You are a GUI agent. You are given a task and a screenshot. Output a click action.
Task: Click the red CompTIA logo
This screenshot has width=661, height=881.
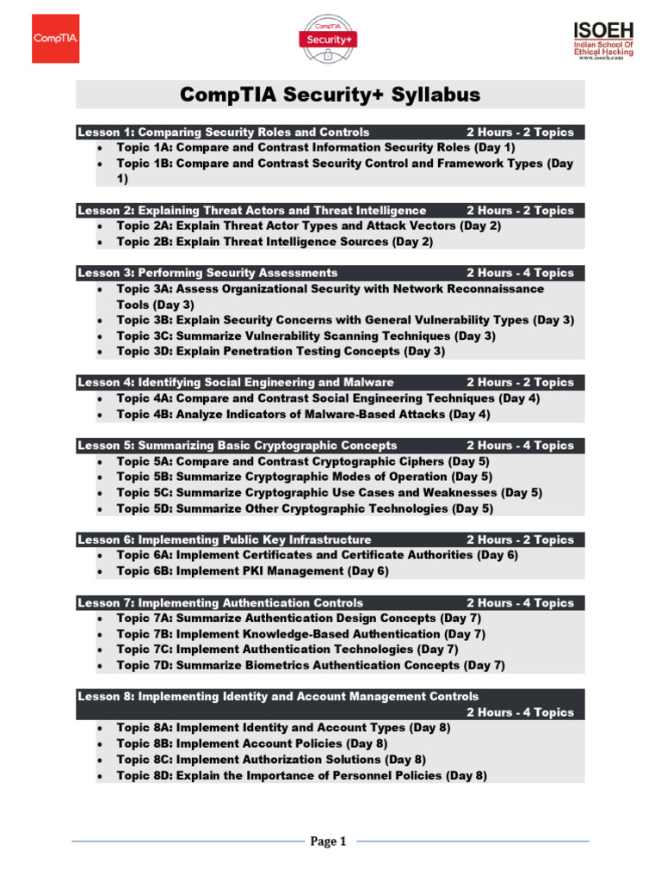click(56, 38)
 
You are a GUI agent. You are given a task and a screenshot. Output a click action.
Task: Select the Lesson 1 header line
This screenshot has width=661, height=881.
click(224, 132)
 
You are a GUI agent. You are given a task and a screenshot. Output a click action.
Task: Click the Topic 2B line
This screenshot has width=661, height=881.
click(275, 242)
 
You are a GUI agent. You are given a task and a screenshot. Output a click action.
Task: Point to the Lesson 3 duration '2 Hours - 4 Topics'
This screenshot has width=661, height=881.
click(520, 273)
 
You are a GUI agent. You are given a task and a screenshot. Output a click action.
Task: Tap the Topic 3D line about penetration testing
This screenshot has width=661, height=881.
click(281, 351)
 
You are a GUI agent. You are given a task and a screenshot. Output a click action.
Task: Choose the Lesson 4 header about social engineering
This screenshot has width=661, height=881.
click(236, 382)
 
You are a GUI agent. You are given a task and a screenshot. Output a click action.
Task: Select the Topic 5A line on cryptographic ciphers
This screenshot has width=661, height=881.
click(304, 461)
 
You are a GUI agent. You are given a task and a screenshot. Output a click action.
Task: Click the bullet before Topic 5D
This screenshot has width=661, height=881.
click(101, 509)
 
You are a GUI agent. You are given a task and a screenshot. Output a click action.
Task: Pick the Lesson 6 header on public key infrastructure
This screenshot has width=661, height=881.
click(225, 539)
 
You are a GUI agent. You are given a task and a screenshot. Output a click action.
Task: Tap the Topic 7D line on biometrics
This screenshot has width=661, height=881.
click(311, 665)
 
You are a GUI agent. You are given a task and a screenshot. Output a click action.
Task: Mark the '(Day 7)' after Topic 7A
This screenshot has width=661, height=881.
click(460, 619)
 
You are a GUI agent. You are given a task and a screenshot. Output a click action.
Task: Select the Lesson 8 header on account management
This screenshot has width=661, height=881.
click(278, 696)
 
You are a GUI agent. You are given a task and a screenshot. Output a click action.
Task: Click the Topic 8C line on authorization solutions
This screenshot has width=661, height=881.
click(271, 760)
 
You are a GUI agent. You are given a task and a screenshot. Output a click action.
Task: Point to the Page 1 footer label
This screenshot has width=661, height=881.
click(328, 841)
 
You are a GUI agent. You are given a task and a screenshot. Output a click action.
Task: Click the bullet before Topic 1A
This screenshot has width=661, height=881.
click(101, 148)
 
